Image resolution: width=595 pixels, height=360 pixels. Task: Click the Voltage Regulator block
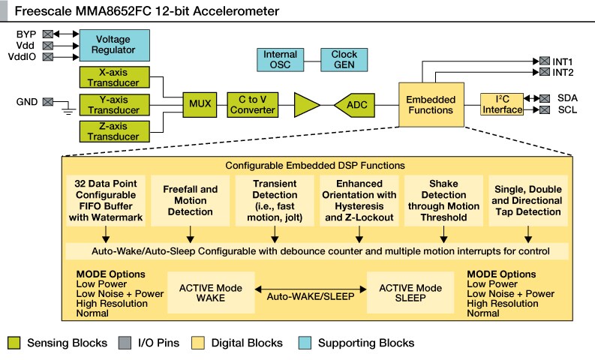[113, 44]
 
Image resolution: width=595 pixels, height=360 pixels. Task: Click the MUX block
[200, 104]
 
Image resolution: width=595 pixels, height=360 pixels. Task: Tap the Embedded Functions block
[430, 104]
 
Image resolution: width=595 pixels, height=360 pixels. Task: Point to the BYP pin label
[26, 34]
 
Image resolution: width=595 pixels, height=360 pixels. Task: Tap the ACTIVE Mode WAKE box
[209, 292]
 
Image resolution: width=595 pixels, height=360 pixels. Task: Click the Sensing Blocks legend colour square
[14, 343]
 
